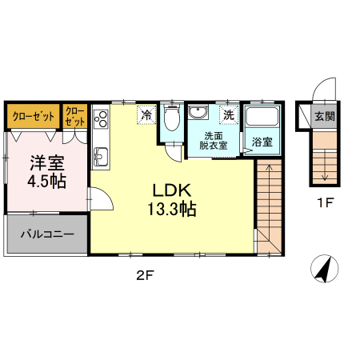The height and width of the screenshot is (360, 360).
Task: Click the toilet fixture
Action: [x=171, y=118]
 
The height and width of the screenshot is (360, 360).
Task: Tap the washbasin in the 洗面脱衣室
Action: [x=198, y=112]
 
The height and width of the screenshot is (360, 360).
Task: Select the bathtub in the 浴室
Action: [x=262, y=116]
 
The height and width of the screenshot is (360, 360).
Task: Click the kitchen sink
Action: [x=101, y=157]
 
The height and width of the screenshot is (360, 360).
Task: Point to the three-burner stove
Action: [x=101, y=119]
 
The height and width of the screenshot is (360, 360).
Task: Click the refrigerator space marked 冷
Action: [x=146, y=114]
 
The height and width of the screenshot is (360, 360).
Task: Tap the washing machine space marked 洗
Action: [x=229, y=114]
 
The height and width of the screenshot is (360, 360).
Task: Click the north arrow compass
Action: [x=325, y=269]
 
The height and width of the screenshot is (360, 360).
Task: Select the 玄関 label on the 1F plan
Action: [x=325, y=116]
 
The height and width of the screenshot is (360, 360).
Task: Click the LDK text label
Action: [x=172, y=190]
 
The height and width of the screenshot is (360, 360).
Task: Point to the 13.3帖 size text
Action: [x=172, y=209]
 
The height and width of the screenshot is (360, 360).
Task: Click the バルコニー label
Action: [x=47, y=234]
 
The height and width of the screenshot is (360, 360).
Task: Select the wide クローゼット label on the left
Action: [x=34, y=116]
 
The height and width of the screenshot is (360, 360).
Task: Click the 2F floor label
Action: [x=146, y=275]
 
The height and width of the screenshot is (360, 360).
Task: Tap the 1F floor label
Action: [x=326, y=203]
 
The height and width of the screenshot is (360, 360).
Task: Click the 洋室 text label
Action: [x=47, y=163]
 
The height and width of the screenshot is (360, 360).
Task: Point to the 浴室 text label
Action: [x=262, y=142]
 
